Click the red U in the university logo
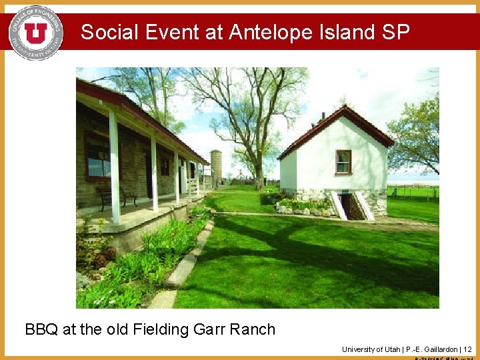coord(35,32)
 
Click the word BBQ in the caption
coord(41,329)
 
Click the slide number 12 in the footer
coord(467,349)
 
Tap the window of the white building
coord(343,162)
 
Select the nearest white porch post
coord(115,167)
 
